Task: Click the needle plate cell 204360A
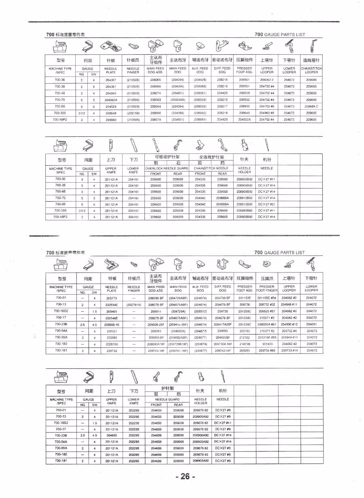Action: [x=110, y=100]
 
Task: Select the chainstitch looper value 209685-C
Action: [x=311, y=106]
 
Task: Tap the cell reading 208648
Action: [x=110, y=113]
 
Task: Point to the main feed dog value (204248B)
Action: [x=178, y=100]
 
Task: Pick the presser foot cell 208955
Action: [x=244, y=106]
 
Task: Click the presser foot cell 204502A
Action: [x=244, y=119]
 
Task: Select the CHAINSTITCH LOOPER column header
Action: [x=311, y=70]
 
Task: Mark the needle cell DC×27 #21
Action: [x=267, y=204]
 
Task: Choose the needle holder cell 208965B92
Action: [x=244, y=211]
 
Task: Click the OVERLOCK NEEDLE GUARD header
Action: [x=167, y=168]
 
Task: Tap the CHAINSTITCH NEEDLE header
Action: [x=211, y=168]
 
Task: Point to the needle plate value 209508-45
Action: [x=112, y=324]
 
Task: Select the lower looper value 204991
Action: [x=311, y=324]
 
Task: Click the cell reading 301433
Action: [x=267, y=344]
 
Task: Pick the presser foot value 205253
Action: [x=245, y=350]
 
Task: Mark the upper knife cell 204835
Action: [x=112, y=435]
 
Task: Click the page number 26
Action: [x=185, y=477]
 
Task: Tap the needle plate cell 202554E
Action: [x=112, y=304]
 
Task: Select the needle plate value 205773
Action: [x=112, y=298]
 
